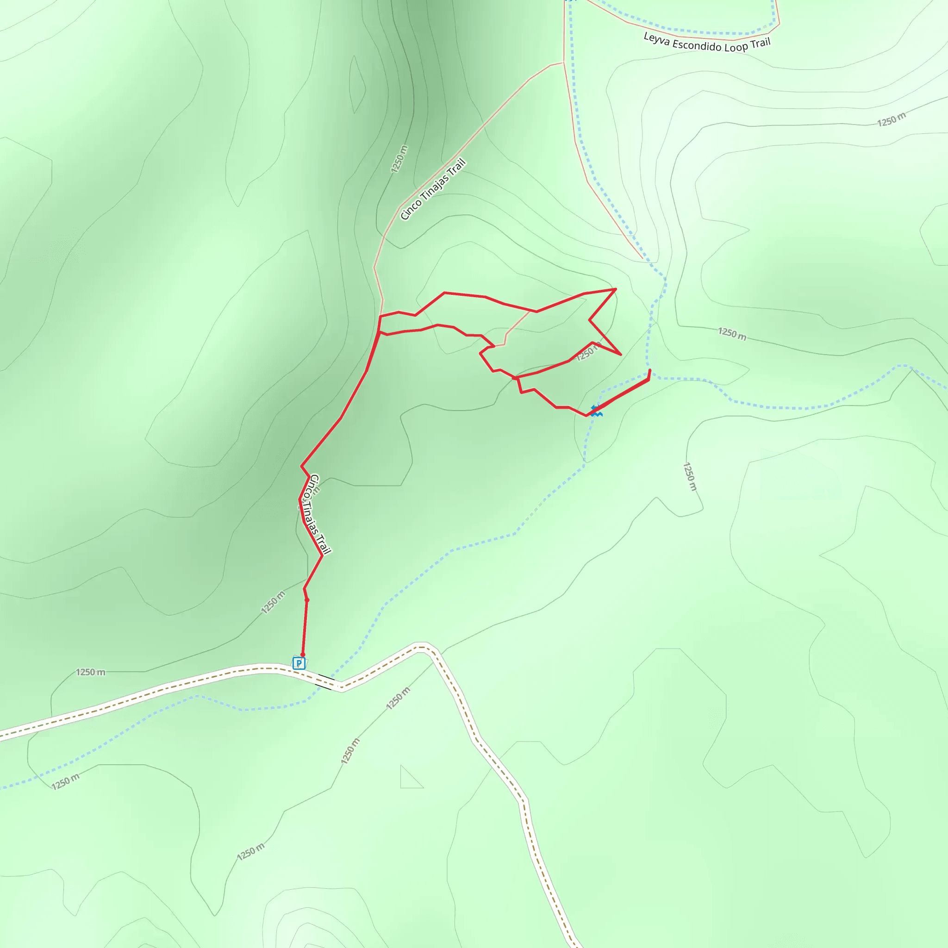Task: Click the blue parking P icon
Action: tap(299, 663)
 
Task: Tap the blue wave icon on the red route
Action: tap(596, 411)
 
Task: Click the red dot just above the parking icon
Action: tap(303, 655)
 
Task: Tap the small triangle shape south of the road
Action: tap(409, 779)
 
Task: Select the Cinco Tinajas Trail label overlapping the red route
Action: tap(320, 514)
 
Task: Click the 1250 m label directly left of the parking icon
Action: tap(90, 672)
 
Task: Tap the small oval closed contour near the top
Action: tap(357, 84)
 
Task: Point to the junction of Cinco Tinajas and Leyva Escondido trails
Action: tap(563, 62)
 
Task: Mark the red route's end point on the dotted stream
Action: tap(649, 370)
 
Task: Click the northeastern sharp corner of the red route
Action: tap(616, 289)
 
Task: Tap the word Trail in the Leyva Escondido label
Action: tap(760, 43)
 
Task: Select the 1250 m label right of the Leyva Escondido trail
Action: tap(891, 119)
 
